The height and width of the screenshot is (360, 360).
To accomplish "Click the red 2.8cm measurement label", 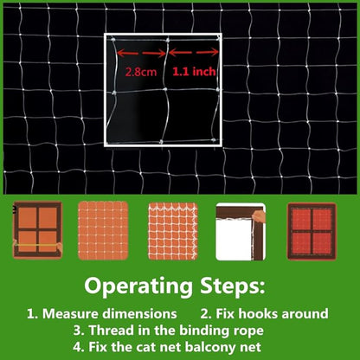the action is click(141, 72).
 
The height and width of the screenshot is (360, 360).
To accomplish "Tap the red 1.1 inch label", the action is click(194, 71).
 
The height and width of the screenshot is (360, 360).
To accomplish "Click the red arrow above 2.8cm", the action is click(141, 53).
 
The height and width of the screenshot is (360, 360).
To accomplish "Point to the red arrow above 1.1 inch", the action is click(194, 53).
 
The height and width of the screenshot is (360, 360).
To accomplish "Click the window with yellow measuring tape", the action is click(37, 230).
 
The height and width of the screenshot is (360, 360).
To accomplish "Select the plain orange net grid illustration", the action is click(103, 231).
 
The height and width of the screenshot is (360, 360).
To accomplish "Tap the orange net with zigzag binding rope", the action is click(173, 231).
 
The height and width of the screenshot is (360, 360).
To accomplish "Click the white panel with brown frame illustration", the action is click(241, 232).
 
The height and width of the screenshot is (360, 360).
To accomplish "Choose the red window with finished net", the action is click(312, 231).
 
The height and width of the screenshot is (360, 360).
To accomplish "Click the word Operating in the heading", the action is click(138, 286).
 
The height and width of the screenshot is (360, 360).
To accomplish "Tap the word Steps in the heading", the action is click(233, 286).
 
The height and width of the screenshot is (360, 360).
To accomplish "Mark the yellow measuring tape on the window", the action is click(36, 245).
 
